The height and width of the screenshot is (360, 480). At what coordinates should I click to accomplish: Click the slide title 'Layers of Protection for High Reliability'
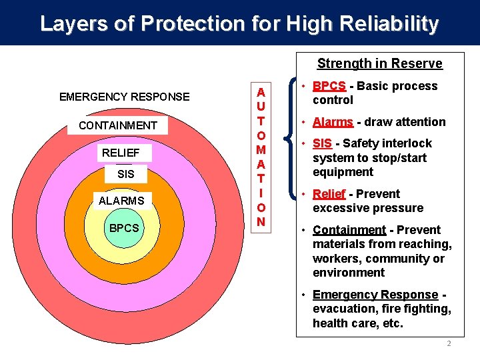tap(239, 24)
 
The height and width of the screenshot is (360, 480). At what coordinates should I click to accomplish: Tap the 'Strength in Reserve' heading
tap(379, 63)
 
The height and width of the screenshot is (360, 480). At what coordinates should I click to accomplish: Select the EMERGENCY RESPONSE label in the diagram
tap(124, 97)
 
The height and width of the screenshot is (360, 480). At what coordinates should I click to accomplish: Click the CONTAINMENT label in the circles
tap(118, 125)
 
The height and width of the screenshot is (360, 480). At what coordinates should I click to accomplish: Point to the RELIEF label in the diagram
tap(121, 153)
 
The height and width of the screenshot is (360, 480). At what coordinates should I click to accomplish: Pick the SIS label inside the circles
tap(125, 175)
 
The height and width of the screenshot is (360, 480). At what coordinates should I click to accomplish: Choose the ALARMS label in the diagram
tap(121, 200)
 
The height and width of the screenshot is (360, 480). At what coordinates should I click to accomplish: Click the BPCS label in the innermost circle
tap(125, 228)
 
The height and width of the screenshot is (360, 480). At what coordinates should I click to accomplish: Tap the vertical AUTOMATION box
tap(261, 156)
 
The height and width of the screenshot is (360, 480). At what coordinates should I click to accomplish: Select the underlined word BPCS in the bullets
tap(329, 86)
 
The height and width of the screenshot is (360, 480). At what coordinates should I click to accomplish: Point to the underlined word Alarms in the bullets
tap(333, 122)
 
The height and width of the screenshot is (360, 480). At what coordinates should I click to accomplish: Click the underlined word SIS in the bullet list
tap(323, 143)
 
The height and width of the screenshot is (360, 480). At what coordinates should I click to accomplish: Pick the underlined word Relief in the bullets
tap(329, 194)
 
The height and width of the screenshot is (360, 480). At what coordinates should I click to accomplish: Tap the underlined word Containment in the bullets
tap(349, 230)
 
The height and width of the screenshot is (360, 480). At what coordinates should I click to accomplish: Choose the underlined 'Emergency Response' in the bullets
tap(375, 295)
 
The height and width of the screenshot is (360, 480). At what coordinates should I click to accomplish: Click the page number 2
tap(449, 344)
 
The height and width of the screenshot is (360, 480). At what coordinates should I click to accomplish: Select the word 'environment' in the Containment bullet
tap(349, 273)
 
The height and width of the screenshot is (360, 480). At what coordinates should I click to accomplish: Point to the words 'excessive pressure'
tap(367, 208)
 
